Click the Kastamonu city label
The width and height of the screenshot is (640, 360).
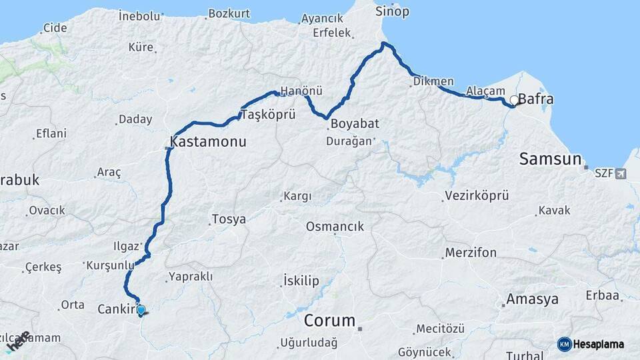click(x=209, y=142)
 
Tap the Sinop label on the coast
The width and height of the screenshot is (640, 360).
click(x=392, y=11)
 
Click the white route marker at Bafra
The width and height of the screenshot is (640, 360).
click(x=514, y=101)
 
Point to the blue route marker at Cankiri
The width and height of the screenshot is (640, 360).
click(x=141, y=310)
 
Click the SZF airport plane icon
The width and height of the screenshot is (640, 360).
click(x=621, y=174)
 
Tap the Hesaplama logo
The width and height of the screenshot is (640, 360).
click(x=591, y=344)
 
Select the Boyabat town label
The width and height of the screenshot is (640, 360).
click(x=355, y=123)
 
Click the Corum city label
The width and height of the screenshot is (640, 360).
click(x=329, y=321)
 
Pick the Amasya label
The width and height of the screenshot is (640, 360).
click(x=532, y=299)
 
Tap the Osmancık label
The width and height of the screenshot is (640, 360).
click(x=335, y=227)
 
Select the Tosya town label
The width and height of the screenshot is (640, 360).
click(x=228, y=219)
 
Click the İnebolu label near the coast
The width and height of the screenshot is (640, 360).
click(x=139, y=15)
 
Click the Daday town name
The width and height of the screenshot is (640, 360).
click(x=135, y=120)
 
